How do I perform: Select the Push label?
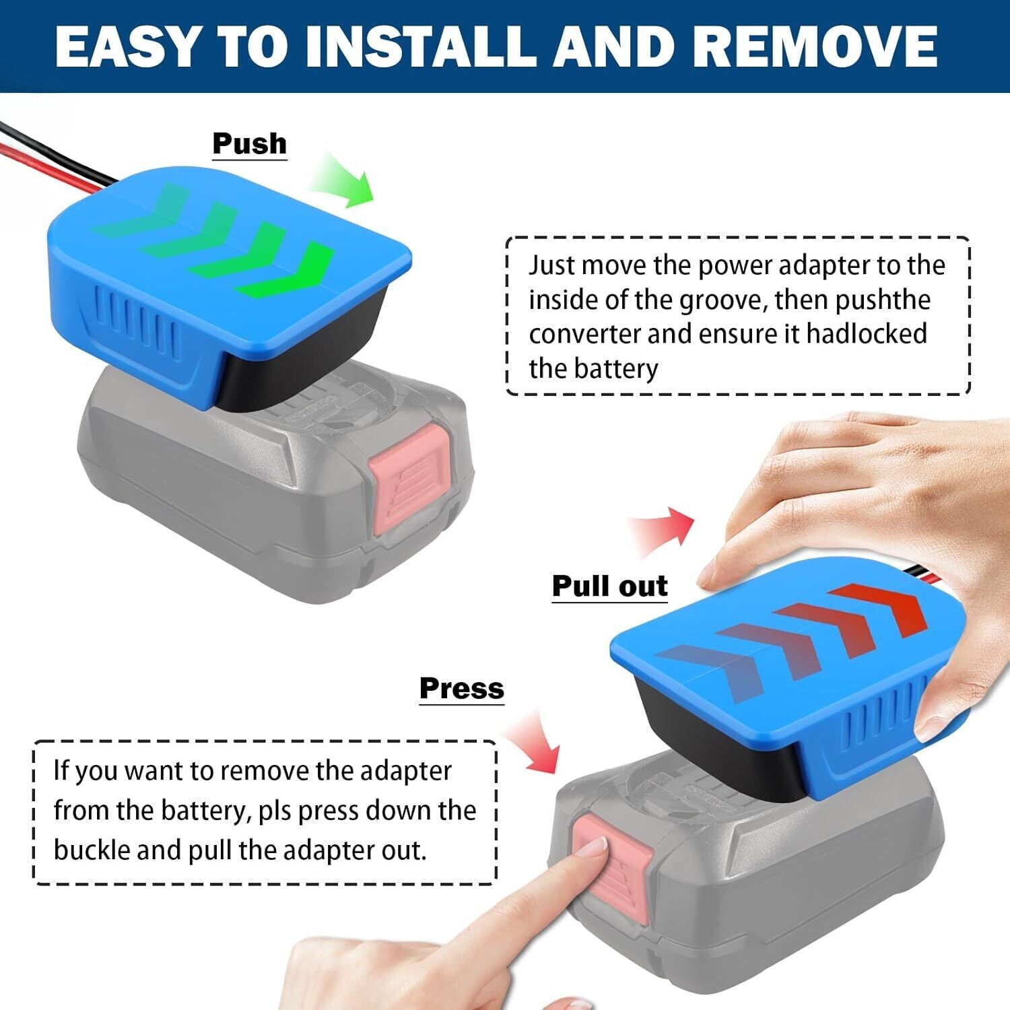tap(249, 143)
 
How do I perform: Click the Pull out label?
tap(609, 586)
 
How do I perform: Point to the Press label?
tap(461, 688)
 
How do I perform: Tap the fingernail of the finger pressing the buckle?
tap(592, 847)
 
